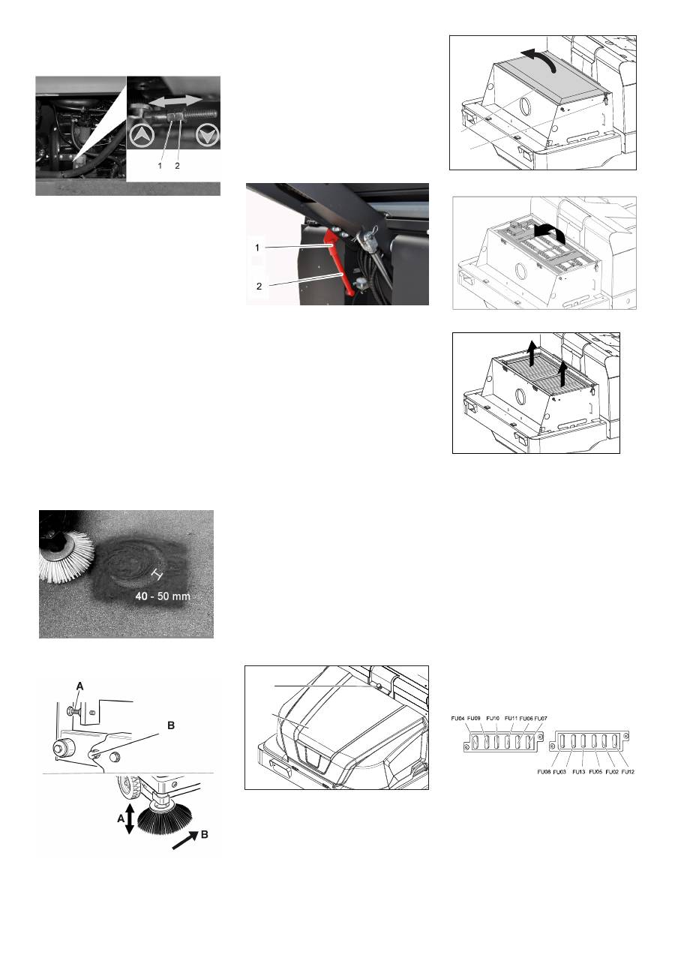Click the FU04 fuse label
(457, 719)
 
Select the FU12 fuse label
(628, 772)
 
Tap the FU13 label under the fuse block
(578, 772)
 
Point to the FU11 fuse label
(511, 719)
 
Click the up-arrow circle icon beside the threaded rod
(142, 136)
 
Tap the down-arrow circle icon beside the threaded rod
(207, 136)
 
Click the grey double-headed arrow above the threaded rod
(175, 101)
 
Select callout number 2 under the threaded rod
(177, 166)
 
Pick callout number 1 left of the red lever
(257, 248)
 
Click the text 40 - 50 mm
(163, 596)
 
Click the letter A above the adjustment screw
(79, 686)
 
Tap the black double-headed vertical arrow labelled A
(130, 818)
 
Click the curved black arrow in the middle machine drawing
(550, 233)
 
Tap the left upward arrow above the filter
(532, 353)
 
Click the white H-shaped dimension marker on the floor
(157, 575)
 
